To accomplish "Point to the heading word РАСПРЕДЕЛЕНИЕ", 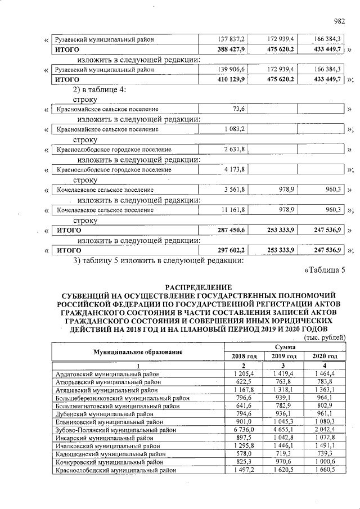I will click(x=199, y=287).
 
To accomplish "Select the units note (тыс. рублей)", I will click(x=324, y=337).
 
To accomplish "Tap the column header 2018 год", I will click(x=244, y=356).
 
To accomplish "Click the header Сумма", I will click(x=283, y=348).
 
